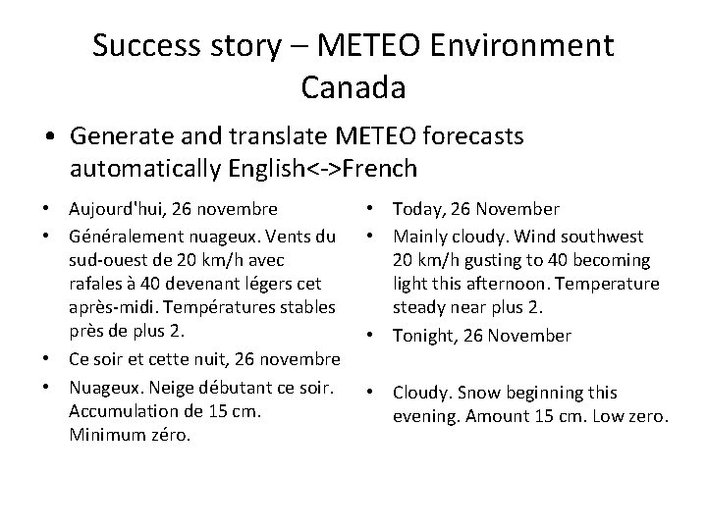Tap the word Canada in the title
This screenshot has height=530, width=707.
[353, 88]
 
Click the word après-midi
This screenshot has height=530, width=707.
[112, 311]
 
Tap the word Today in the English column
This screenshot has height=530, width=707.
[417, 209]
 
